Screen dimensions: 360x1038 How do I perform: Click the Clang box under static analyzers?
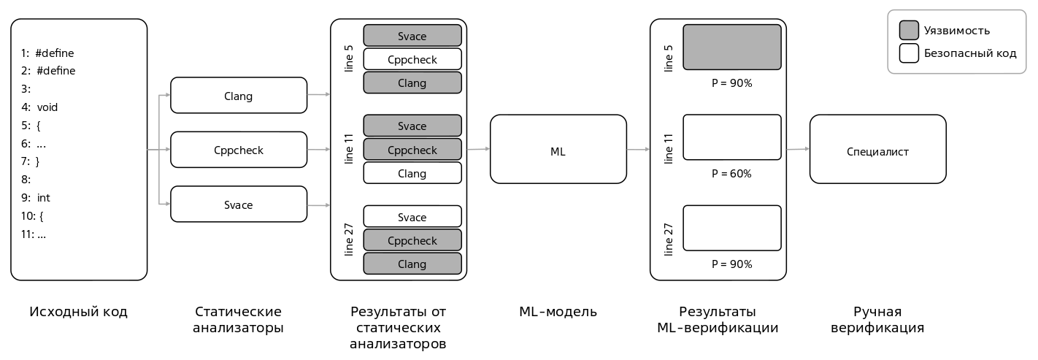[x=239, y=96]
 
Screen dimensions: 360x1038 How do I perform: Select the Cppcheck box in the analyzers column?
[x=239, y=150]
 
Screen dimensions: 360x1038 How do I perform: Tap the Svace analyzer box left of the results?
[x=239, y=204]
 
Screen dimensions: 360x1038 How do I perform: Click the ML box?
[x=558, y=149]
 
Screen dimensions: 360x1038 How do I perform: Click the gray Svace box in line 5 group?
[x=412, y=36]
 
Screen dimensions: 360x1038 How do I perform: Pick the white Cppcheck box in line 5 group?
[x=412, y=59]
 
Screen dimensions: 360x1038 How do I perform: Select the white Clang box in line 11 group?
[x=412, y=173]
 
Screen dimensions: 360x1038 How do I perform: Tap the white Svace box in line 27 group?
[x=412, y=217]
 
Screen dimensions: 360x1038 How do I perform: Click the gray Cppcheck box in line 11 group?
[x=412, y=150]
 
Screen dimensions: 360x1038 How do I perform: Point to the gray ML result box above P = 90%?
[x=731, y=47]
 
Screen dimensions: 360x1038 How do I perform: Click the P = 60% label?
[x=731, y=174]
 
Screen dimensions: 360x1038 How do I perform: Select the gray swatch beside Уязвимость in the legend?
[x=909, y=30]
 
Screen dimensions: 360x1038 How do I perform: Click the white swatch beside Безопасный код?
[x=909, y=53]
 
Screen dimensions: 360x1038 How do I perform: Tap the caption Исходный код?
[x=78, y=312]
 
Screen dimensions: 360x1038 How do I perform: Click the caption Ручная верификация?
[x=877, y=320]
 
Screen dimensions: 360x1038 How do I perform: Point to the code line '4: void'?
[x=39, y=107]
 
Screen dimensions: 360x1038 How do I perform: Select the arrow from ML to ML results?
[x=638, y=149]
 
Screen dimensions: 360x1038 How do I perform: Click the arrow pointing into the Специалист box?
[x=798, y=149]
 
